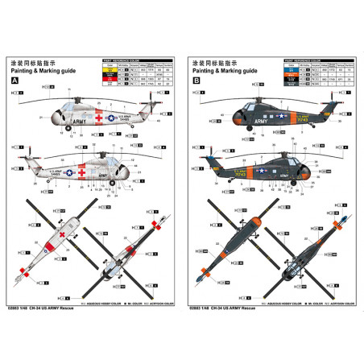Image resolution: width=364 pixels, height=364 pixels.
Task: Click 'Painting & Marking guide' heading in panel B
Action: pos(225,72)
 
